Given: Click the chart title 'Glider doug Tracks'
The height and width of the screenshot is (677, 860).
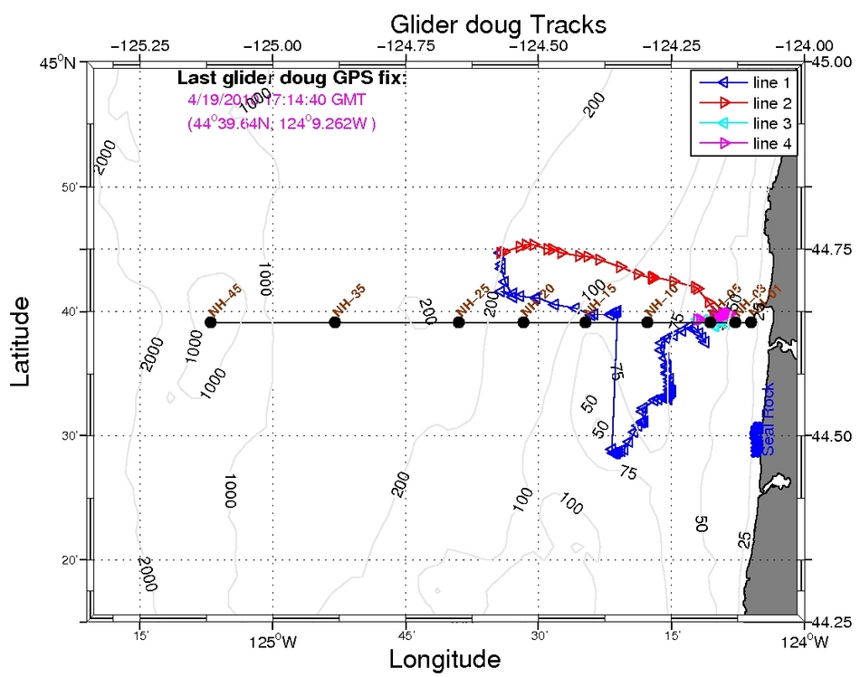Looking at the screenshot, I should click(x=497, y=22).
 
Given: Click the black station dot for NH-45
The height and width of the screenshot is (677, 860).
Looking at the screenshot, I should click(x=211, y=322).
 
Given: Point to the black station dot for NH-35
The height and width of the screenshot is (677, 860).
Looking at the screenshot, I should click(x=335, y=322).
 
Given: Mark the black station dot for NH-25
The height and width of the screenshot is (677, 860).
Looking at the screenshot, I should click(x=459, y=322).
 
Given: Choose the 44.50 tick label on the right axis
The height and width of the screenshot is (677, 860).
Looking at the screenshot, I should click(x=830, y=436).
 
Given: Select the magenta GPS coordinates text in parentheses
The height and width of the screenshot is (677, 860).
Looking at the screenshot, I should click(x=282, y=122).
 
